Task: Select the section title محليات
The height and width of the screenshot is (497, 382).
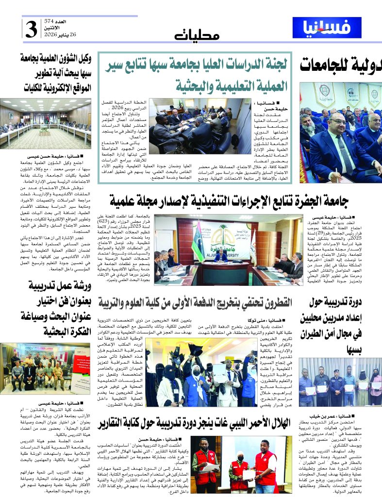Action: (197, 35)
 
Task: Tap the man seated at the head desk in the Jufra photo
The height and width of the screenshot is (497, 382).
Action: (221, 257)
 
